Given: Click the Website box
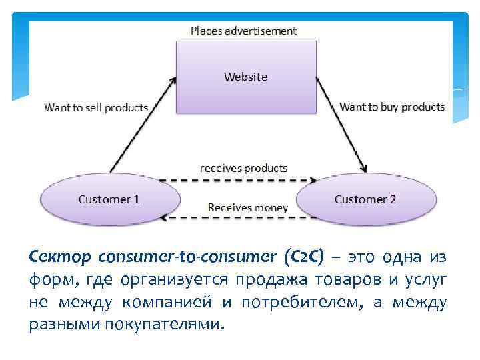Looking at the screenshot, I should pyautogui.click(x=245, y=77).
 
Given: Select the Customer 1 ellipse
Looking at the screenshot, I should pyautogui.click(x=109, y=199).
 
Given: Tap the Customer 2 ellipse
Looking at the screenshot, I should pyautogui.click(x=365, y=199).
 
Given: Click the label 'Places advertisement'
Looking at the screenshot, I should pyautogui.click(x=244, y=31).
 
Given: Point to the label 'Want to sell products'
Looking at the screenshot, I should pyautogui.click(x=96, y=107).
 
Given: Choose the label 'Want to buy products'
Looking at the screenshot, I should pyautogui.click(x=392, y=107).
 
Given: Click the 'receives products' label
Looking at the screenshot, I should pyautogui.click(x=244, y=167).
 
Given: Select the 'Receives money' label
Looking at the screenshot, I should pyautogui.click(x=247, y=207).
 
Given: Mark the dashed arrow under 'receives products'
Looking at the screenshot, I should pyautogui.click(x=238, y=180).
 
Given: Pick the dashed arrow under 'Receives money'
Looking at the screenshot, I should pyautogui.click(x=238, y=219).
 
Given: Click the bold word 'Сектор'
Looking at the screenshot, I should pyautogui.click(x=61, y=257).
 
